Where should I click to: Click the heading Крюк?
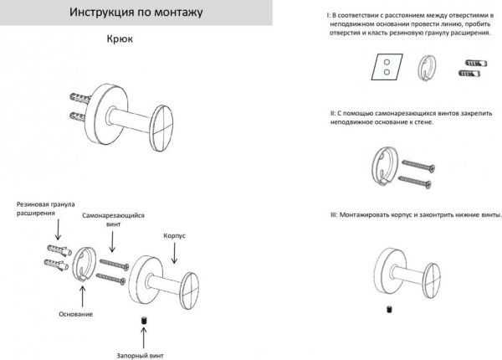coord(123,39)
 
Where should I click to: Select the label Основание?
coord(76,314)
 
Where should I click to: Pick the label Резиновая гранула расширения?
coord(45,208)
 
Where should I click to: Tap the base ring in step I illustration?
coord(427,66)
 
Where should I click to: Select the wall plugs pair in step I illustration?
coord(469,68)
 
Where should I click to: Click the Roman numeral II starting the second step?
coord(332,111)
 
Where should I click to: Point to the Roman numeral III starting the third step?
coord(334,215)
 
